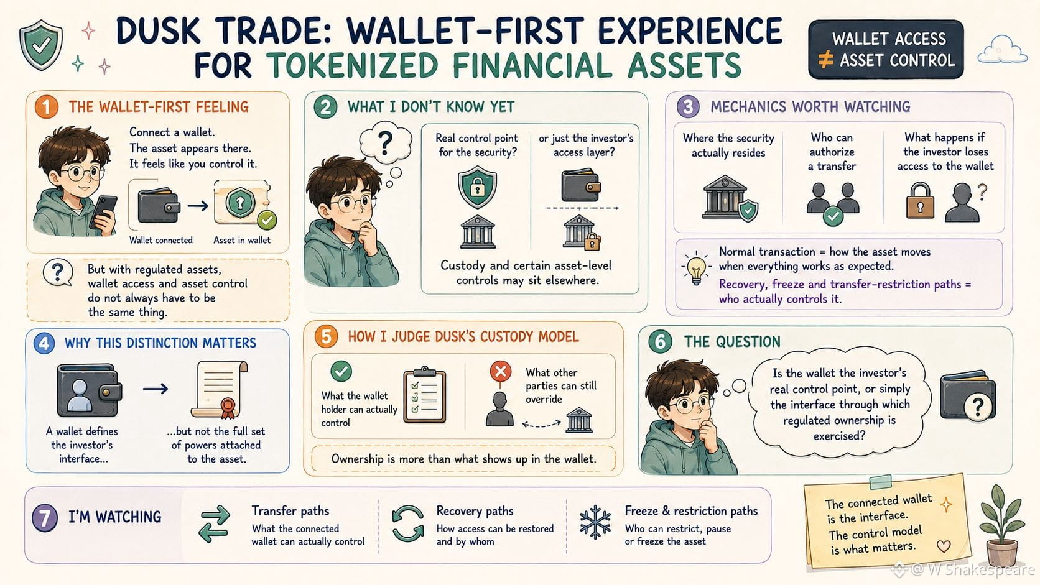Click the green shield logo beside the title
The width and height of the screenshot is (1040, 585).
tap(41, 45)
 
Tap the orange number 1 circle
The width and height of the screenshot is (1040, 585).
tap(47, 107)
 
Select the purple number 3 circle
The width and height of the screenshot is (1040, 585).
tap(688, 107)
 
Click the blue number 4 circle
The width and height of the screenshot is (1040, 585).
tap(44, 343)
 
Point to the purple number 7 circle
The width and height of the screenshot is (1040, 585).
tap(45, 518)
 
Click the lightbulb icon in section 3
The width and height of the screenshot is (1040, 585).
tap(696, 269)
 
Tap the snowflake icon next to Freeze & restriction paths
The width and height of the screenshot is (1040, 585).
tap(595, 522)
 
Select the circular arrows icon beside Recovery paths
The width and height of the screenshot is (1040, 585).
tap(407, 523)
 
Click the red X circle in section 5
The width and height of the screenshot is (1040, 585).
tap(501, 371)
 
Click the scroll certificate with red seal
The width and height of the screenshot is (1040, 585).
tap(220, 389)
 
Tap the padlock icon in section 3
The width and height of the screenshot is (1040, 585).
tap(920, 200)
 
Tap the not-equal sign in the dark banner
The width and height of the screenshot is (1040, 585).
tap(825, 60)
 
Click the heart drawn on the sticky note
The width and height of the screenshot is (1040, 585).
tap(944, 546)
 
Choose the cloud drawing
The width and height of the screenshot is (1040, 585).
tap(1003, 50)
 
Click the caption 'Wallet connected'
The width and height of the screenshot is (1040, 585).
tap(160, 241)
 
